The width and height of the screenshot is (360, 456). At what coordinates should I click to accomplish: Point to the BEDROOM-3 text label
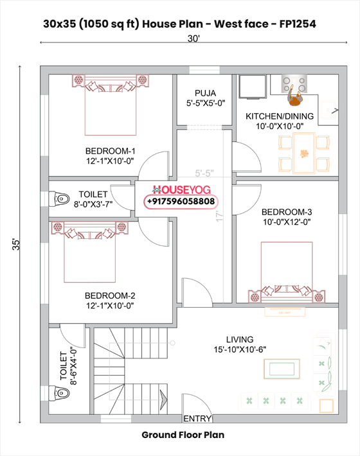pyautogui.click(x=286, y=212)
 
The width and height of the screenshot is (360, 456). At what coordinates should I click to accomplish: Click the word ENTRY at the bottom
pyautogui.click(x=197, y=419)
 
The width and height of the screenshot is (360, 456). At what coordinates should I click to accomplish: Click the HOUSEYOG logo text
pyautogui.click(x=182, y=191)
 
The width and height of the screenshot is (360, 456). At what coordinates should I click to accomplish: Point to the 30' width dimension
pyautogui.click(x=194, y=39)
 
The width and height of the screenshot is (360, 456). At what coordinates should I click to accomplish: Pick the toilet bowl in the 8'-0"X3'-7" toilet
pyautogui.click(x=60, y=199)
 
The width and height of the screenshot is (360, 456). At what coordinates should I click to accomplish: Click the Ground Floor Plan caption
pyautogui.click(x=183, y=435)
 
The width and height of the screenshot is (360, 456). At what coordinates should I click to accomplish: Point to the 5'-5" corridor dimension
pyautogui.click(x=204, y=173)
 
